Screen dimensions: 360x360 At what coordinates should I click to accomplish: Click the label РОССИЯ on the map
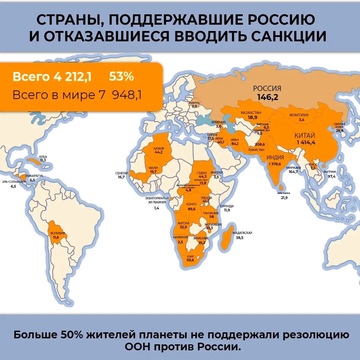pos(267,89)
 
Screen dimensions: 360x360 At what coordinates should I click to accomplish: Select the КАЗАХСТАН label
pos(251,113)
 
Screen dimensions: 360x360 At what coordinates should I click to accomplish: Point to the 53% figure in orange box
pos(121,77)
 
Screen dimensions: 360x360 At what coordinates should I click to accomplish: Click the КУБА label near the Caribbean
pos(43,156)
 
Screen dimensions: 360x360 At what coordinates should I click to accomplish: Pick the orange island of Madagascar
pos(226,237)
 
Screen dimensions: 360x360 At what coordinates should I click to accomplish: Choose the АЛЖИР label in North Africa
pos(159,148)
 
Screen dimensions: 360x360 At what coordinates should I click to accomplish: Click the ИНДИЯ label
pos(275,158)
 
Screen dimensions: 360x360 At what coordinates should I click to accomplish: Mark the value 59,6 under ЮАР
pos(190,260)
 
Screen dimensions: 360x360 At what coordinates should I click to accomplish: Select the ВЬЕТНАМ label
pos(329,172)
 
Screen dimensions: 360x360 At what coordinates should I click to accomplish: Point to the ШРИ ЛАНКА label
pos(284,193)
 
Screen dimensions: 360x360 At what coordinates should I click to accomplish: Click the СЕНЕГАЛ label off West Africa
pos(122,173)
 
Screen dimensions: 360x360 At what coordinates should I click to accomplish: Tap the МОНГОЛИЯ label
pos(299,115)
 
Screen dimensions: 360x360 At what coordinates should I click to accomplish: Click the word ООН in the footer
pos(140,346)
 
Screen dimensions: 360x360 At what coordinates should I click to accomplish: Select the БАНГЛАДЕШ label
pos(293,167)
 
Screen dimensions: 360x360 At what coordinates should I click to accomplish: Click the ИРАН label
pos(235,140)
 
